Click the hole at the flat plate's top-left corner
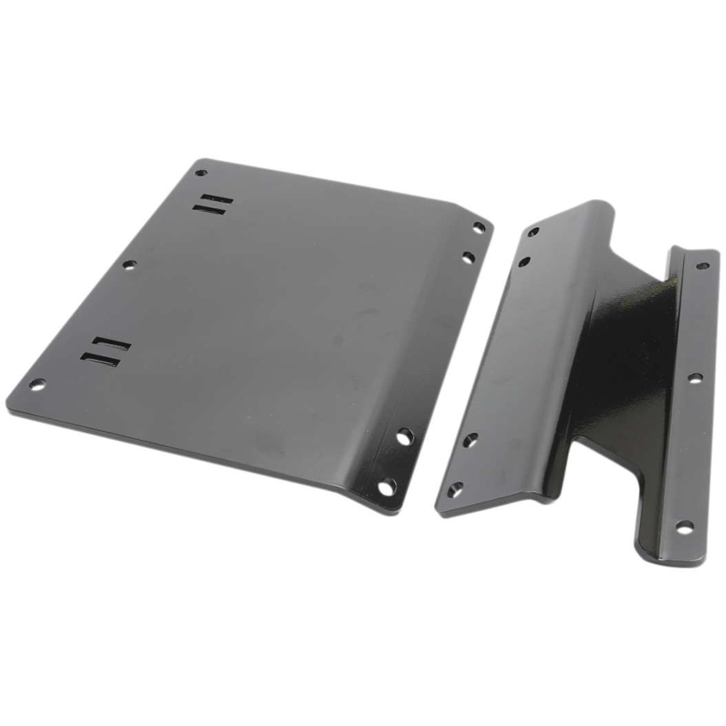point(200,173)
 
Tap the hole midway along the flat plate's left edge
point(129,264)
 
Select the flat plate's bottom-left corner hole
point(37,384)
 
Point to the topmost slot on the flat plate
point(215,199)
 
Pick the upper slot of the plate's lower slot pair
point(111,342)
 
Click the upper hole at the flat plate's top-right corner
point(479,227)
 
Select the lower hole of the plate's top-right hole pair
point(468,258)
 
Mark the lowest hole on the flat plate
point(387,486)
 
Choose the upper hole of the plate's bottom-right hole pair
point(404,436)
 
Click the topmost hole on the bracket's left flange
point(533,232)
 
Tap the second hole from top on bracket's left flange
point(525,262)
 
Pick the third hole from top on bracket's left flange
point(470,439)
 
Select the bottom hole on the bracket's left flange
point(455,490)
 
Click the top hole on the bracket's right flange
point(702,265)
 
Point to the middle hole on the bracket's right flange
point(695,377)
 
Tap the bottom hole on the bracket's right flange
point(683,527)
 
